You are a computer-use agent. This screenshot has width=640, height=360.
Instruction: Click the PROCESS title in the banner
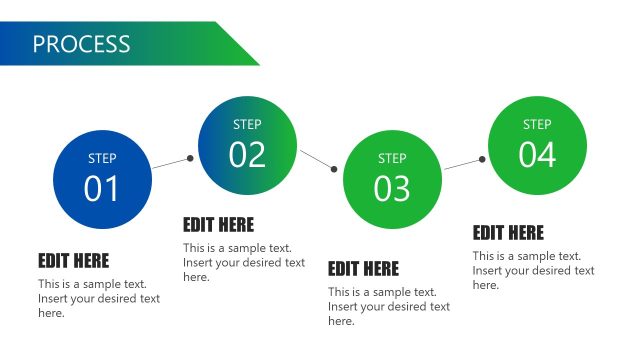pyautogui.click(x=81, y=44)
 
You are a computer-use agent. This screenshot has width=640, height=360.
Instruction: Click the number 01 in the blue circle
pyautogui.click(x=101, y=188)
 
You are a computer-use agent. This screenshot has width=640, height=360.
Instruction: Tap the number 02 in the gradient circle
pyautogui.click(x=247, y=155)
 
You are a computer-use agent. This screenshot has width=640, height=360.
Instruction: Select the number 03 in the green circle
pyautogui.click(x=392, y=188)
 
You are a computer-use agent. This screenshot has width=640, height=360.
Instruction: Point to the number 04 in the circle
pyautogui.click(x=537, y=155)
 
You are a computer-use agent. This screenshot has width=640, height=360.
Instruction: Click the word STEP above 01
pyautogui.click(x=102, y=158)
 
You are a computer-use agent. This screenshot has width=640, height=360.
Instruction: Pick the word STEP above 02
pyautogui.click(x=247, y=125)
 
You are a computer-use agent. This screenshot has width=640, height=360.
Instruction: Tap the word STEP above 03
pyautogui.click(x=392, y=158)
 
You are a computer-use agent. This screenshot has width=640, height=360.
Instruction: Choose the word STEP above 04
pyautogui.click(x=537, y=125)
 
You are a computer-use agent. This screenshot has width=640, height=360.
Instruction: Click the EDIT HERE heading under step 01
pyautogui.click(x=74, y=261)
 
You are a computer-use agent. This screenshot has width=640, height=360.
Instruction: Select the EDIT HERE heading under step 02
pyautogui.click(x=218, y=225)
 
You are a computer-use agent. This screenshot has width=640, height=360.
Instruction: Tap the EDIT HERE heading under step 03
pyautogui.click(x=363, y=269)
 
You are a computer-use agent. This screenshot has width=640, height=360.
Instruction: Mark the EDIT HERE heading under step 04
pyautogui.click(x=508, y=233)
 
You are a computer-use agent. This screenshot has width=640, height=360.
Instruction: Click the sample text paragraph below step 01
pyautogui.click(x=99, y=298)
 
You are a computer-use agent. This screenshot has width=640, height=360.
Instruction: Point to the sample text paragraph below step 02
pyautogui.click(x=244, y=262)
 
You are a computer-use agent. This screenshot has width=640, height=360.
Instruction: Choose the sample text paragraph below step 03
pyautogui.click(x=389, y=306)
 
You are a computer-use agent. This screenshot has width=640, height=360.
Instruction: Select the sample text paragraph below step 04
pyautogui.click(x=534, y=270)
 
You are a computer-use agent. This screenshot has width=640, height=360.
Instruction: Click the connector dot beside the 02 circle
pyautogui.click(x=190, y=158)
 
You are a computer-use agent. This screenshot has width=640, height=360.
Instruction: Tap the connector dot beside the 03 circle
pyautogui.click(x=335, y=169)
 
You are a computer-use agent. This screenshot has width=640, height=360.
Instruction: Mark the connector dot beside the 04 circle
pyautogui.click(x=482, y=159)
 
